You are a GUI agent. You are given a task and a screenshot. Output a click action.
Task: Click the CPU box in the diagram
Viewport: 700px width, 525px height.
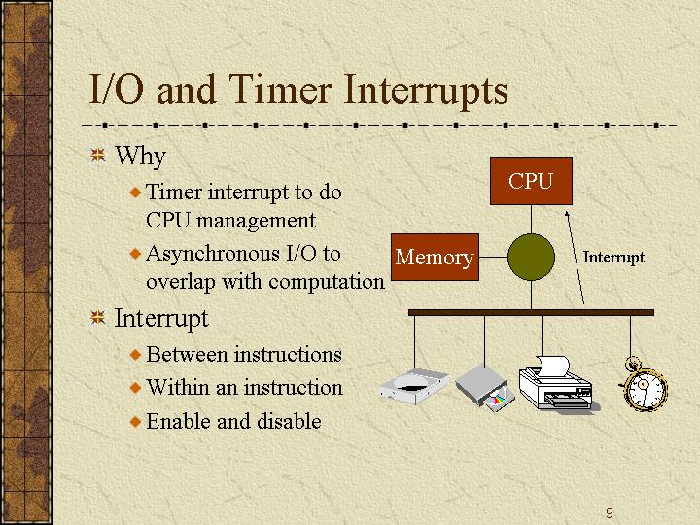click(531, 181)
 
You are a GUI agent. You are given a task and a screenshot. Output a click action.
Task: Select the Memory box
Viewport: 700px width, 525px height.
click(435, 257)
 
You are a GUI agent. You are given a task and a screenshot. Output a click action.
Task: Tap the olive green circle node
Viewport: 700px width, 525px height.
click(531, 257)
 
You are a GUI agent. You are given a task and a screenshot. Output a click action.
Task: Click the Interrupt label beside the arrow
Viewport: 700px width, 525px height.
click(613, 257)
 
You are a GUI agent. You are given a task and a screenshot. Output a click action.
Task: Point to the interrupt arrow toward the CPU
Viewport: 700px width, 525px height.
click(575, 258)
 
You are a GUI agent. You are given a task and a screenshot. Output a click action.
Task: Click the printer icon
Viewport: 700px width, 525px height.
click(558, 383)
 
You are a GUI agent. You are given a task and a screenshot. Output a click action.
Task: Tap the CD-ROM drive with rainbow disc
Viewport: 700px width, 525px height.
click(485, 388)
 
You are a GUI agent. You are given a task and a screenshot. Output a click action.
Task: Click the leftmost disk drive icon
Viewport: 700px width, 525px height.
click(414, 387)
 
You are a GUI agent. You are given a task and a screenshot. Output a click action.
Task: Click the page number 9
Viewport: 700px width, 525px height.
click(610, 513)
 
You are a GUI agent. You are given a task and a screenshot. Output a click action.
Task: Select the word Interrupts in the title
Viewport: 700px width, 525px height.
click(426, 91)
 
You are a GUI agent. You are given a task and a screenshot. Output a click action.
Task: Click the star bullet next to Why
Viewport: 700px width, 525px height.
click(98, 156)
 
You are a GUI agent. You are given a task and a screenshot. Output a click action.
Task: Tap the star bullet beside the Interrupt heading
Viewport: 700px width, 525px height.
click(98, 318)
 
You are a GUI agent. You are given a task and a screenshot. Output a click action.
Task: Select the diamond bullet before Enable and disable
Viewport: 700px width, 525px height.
click(135, 421)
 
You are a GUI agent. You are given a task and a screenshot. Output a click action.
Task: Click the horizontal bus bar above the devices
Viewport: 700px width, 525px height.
click(531, 312)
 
